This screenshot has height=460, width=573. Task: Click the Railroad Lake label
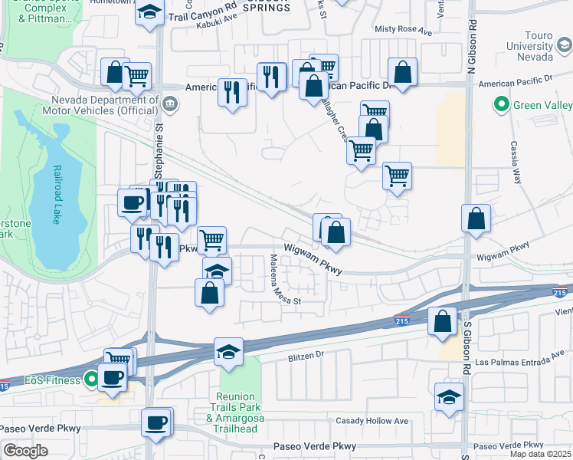[56, 195]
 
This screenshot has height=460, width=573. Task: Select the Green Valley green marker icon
[502, 103]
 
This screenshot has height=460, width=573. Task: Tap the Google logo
[25, 451]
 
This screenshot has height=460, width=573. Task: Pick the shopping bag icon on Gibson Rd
[476, 219]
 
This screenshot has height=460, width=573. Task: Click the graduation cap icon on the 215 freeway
[228, 352]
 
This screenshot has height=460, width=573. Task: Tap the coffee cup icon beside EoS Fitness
[113, 377]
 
